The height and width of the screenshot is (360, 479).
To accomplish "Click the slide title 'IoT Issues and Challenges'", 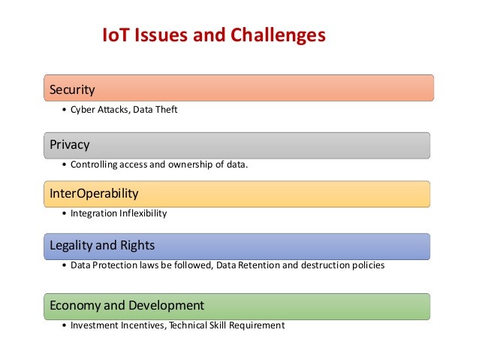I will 213,35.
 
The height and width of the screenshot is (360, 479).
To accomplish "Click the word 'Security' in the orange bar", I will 72,90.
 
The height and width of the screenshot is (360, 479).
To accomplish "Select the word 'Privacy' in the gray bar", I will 69,144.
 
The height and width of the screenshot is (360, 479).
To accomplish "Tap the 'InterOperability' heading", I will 94,193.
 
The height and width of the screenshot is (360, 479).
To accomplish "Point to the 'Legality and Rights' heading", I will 102,246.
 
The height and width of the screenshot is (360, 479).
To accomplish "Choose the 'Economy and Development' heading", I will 126,305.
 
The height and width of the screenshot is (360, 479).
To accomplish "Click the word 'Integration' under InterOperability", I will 94,213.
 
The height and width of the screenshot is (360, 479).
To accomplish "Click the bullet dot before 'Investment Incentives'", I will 64,325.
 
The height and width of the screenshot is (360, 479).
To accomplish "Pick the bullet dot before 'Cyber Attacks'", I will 64,110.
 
